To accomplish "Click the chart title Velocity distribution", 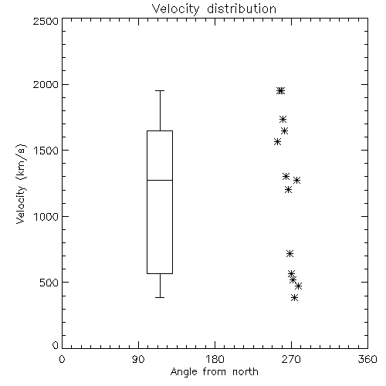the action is pos(214,9).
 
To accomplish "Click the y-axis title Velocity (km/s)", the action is pos(21,184).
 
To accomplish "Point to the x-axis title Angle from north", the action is pos(214,372).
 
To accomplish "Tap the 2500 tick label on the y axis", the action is pos(46,21).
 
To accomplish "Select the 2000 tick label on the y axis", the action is pos(46,84).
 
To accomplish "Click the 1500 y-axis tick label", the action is pos(46,151).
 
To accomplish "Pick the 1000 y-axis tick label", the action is pos(46,216).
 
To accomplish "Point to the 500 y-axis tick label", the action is pos(49,283).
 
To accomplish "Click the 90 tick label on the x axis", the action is pos(138,359).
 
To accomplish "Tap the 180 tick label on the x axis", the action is pos(215,359).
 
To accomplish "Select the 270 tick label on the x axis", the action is pos(291,359).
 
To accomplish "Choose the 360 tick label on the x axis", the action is pos(367,359).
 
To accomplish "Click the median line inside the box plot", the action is pos(160,180).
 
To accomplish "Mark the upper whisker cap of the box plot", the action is pos(160,90).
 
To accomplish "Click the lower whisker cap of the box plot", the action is pos(160,297).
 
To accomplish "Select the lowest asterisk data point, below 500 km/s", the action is pos(295,298).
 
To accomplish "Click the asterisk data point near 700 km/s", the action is pos(290,254).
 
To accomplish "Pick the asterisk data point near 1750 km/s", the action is pos(283,119).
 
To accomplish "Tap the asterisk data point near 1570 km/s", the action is pos(277,141).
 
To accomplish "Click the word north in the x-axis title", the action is pos(245,372).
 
